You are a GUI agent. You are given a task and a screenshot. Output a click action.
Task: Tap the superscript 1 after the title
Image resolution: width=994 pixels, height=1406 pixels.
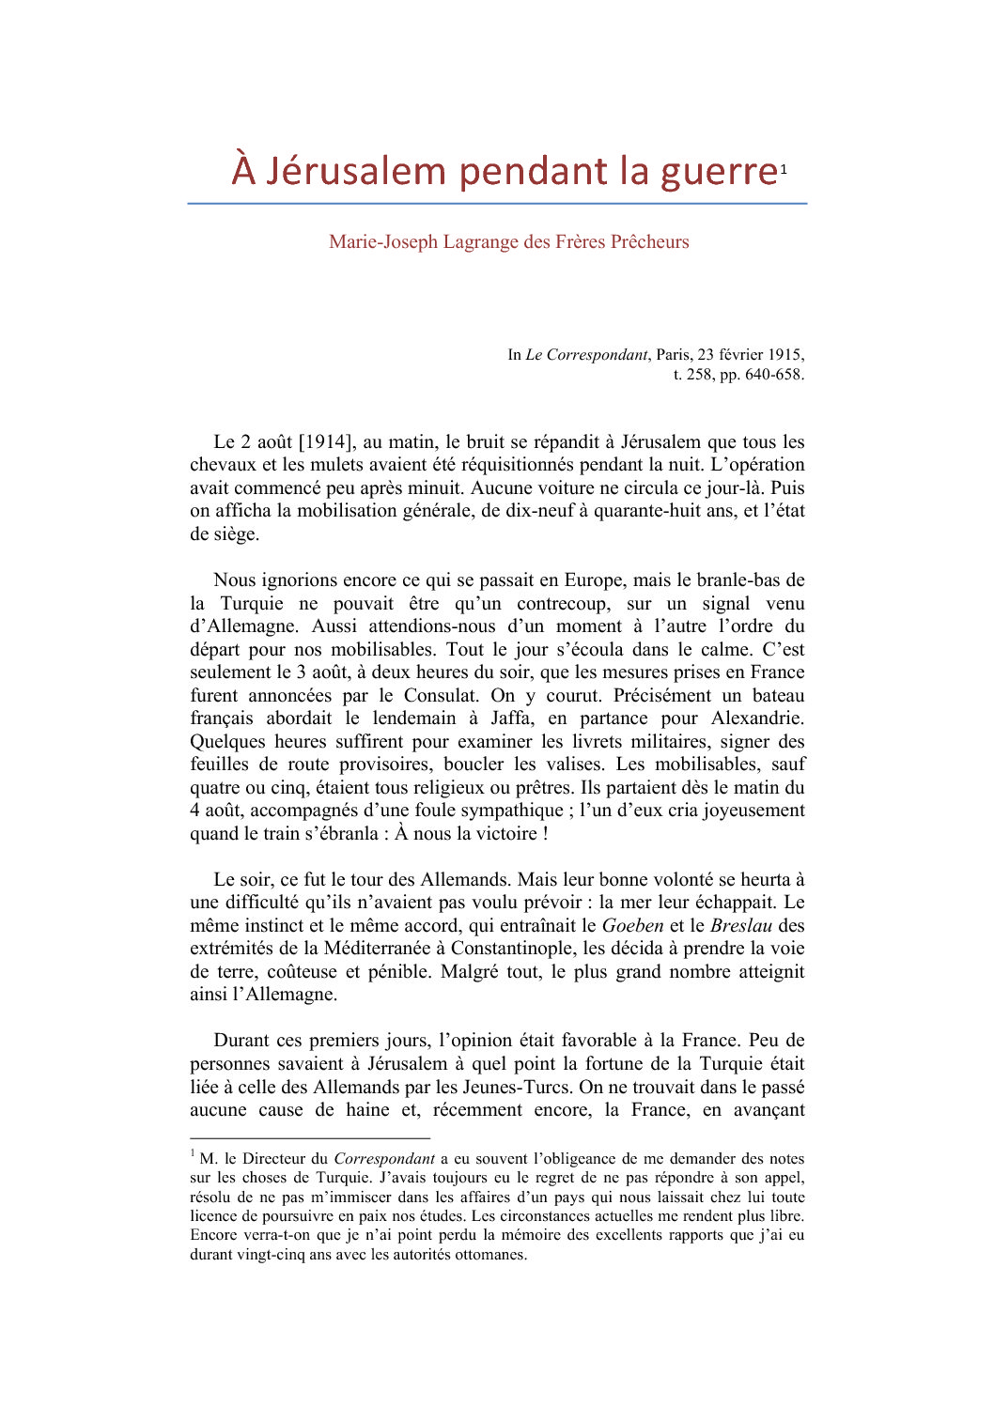784,169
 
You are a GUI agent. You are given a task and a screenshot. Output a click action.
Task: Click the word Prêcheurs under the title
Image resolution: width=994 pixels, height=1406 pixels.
649,241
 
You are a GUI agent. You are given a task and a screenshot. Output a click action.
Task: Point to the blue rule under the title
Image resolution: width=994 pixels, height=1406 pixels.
497,203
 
